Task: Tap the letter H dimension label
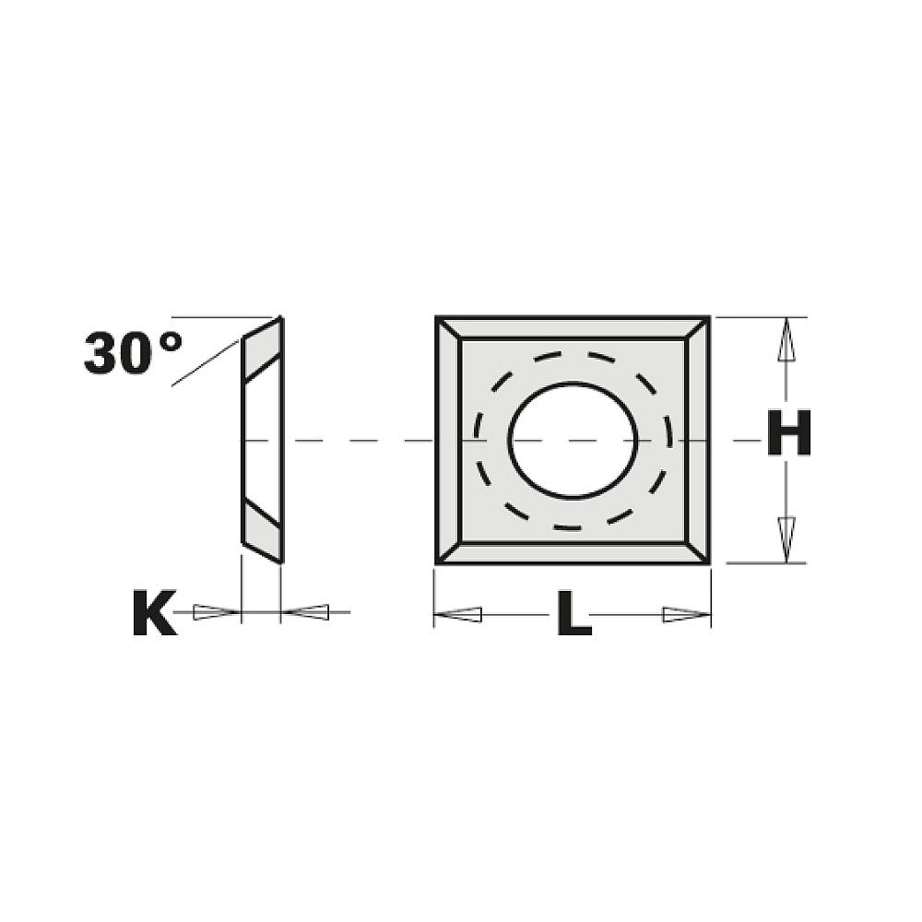click(788, 433)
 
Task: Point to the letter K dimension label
click(154, 615)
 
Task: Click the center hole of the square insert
click(573, 441)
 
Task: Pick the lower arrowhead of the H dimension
click(786, 540)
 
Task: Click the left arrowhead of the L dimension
click(458, 614)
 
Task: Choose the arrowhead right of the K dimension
click(306, 611)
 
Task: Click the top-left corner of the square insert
click(438, 319)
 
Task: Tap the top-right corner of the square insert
click(708, 319)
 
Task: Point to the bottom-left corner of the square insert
click(438, 561)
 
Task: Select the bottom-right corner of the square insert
click(708, 561)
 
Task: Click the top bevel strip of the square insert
click(573, 329)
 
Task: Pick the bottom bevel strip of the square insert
click(573, 551)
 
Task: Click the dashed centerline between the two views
click(360, 442)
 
